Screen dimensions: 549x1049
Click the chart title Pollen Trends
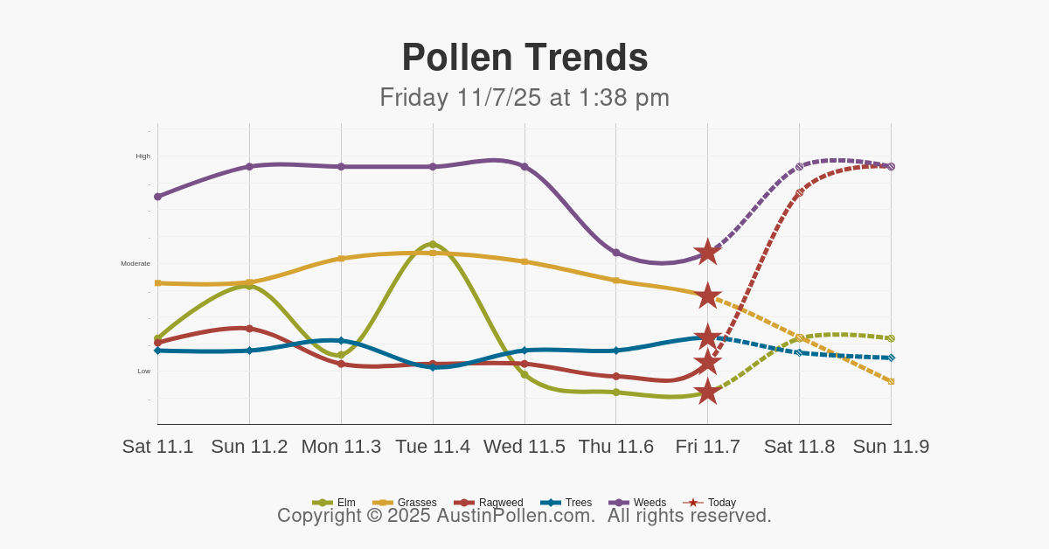(x=524, y=58)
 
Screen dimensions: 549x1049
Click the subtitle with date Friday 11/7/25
(x=524, y=97)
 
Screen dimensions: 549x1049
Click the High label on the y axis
(x=142, y=156)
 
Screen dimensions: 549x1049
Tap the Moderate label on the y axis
(x=135, y=263)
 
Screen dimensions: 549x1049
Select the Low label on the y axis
(x=143, y=371)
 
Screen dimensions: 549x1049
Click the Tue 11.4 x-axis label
(x=433, y=447)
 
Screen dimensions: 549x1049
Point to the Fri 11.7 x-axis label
(x=707, y=447)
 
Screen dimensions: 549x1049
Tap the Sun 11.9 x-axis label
(x=891, y=447)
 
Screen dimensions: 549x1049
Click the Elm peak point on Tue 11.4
(x=433, y=245)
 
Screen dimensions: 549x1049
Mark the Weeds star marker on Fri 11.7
(x=707, y=253)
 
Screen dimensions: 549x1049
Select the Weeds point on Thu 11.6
(x=616, y=253)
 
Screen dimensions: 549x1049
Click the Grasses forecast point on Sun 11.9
(x=891, y=381)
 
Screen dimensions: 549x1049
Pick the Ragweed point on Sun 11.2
(x=249, y=329)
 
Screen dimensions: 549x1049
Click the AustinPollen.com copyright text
(x=524, y=516)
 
